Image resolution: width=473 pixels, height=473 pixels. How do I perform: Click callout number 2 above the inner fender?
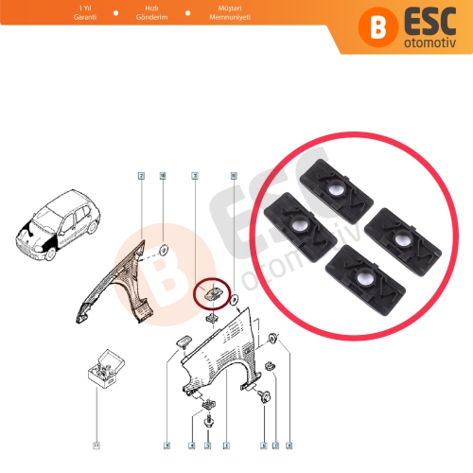(140, 176)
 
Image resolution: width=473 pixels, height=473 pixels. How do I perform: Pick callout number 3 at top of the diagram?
(194, 176)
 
